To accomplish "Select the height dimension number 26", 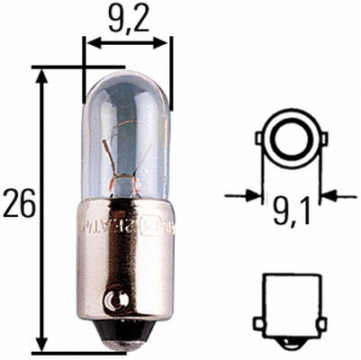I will (19, 205).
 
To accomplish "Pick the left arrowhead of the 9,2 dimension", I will (90, 42).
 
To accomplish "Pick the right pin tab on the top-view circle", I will (322, 139).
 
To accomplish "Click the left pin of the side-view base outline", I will (258, 322).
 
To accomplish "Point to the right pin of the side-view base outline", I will (322, 322).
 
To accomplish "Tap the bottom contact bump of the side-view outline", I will (290, 342).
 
